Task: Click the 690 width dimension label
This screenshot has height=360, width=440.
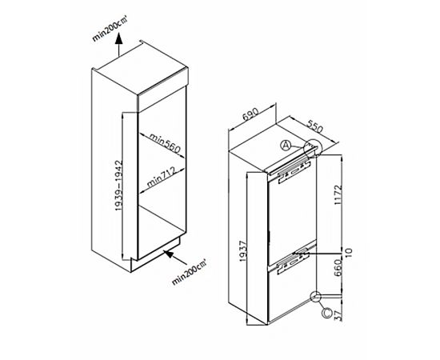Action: coord(250,114)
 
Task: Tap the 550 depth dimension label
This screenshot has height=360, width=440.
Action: coord(315,126)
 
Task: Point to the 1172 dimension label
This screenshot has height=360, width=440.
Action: coord(338,194)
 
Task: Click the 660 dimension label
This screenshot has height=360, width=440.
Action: coord(338,268)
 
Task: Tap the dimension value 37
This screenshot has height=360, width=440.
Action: coord(338,316)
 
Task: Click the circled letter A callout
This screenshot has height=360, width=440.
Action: coord(286,146)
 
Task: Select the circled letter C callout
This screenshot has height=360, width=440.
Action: coord(327,313)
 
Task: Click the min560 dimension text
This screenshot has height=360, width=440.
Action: coord(165,143)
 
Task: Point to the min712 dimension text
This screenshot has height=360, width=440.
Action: coord(161,177)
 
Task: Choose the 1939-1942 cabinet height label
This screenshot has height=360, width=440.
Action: coord(118,186)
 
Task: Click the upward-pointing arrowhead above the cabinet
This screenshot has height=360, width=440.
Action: coord(119,38)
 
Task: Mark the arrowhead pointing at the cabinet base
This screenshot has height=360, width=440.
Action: coord(170,254)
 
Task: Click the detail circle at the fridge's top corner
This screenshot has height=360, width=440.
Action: coord(313,147)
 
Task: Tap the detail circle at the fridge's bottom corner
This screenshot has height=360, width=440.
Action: coord(315,297)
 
